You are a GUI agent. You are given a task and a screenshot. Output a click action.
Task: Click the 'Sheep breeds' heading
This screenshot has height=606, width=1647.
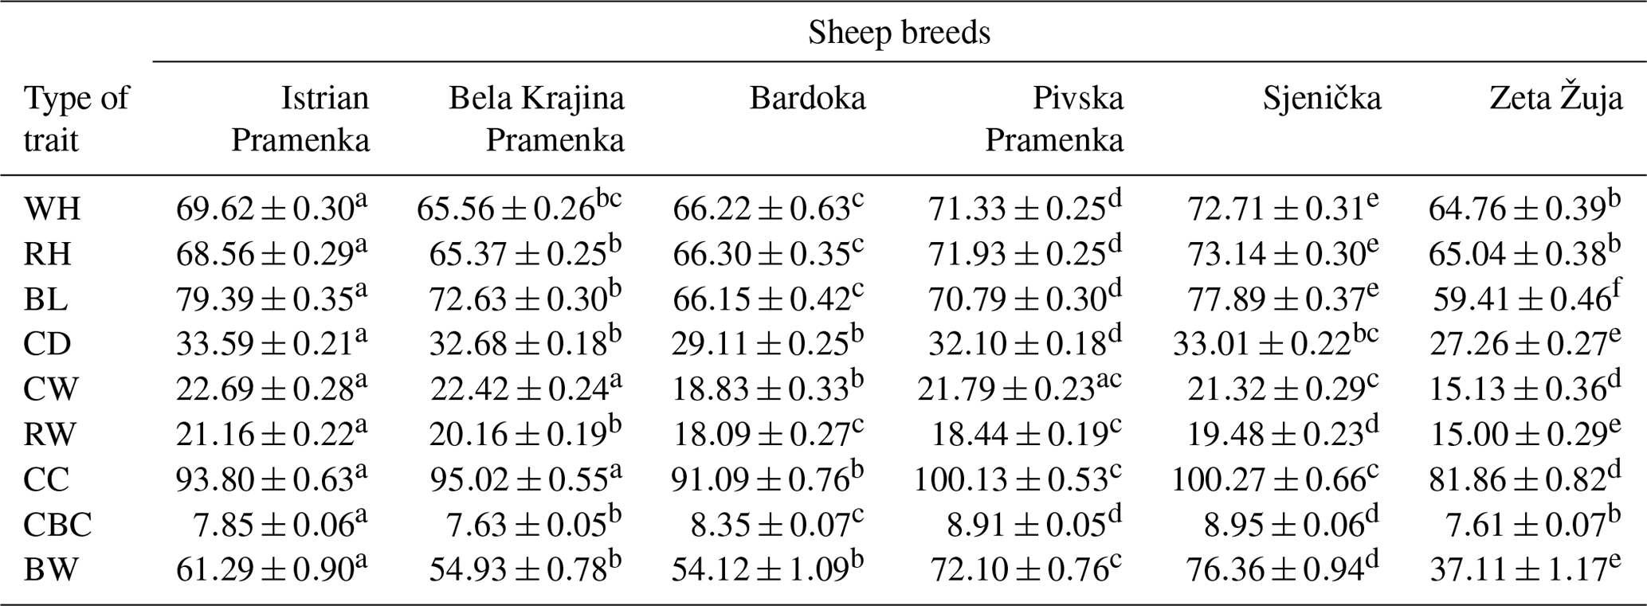tap(899, 33)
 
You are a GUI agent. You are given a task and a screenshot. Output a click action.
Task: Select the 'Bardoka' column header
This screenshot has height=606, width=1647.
tap(807, 99)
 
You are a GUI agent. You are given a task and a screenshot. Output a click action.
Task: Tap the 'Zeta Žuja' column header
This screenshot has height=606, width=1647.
tap(1555, 99)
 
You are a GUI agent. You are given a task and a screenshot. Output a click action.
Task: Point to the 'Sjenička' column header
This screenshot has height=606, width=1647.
tap(1322, 99)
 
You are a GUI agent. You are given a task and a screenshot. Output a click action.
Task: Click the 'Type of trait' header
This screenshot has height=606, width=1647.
tap(76, 119)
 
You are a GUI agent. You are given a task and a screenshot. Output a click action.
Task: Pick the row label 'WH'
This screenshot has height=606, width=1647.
tap(53, 209)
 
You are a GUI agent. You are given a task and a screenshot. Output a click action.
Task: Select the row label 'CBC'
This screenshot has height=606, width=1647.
tap(58, 525)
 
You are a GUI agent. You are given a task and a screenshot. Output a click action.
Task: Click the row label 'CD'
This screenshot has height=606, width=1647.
tap(48, 345)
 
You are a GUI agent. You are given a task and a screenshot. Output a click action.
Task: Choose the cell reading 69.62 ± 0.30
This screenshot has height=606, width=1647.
tap(272, 209)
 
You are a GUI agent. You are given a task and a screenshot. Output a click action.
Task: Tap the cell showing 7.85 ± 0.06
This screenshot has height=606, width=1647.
tap(280, 525)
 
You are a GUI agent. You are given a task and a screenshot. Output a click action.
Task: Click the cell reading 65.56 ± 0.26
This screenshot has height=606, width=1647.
tap(519, 209)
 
